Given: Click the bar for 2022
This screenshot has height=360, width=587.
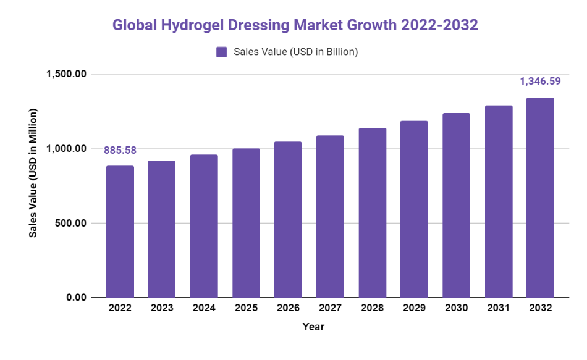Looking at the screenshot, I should [x=120, y=232].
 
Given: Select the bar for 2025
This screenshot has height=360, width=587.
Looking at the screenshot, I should [x=246, y=223].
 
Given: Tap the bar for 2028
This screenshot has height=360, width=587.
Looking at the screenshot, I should [x=372, y=212].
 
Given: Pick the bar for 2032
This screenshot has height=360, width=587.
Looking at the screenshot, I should [x=540, y=198].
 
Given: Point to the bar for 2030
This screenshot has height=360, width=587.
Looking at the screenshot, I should [x=456, y=205].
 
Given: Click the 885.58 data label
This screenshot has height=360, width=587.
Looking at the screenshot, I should [x=120, y=149].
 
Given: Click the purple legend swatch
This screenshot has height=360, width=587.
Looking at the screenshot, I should [x=222, y=52].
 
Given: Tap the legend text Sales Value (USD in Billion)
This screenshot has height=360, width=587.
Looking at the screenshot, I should [x=296, y=52].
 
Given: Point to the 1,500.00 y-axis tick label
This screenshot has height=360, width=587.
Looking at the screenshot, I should [x=65, y=75].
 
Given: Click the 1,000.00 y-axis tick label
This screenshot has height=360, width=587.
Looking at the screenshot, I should [x=65, y=149].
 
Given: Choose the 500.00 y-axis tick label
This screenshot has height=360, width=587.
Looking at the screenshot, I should [x=69, y=223].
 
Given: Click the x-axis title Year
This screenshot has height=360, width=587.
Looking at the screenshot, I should [x=313, y=327].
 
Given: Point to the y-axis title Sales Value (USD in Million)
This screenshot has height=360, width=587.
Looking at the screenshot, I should [x=33, y=173].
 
